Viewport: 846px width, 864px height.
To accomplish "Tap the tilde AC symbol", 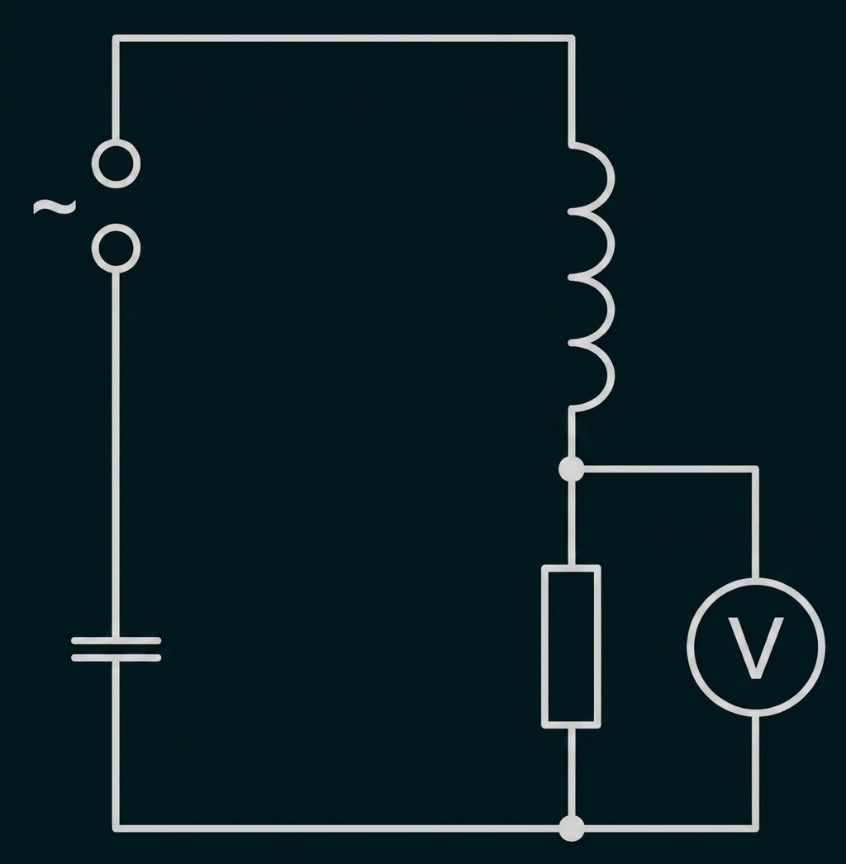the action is point(55,207).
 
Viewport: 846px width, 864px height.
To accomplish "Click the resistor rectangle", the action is point(544,646).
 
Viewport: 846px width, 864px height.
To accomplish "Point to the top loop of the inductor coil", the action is point(611,178).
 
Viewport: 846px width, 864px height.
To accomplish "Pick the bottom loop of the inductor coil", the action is point(611,377).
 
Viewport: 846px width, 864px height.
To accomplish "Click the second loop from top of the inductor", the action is point(611,244).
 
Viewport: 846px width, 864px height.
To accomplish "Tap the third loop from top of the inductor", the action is point(611,310).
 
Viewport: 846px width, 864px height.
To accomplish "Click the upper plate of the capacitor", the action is point(116,641).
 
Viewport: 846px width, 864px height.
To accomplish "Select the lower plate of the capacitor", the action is point(116,658).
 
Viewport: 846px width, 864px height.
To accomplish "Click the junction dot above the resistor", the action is point(571,469).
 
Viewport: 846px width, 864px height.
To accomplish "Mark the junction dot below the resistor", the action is point(571,828).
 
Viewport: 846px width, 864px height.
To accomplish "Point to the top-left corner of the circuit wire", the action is point(116,39).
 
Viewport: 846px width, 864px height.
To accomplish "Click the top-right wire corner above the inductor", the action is point(572,39).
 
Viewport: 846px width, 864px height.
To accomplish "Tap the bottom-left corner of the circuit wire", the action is point(116,828).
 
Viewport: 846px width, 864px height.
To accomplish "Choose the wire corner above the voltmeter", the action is point(756,469).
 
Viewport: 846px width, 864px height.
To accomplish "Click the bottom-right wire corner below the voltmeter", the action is point(756,828).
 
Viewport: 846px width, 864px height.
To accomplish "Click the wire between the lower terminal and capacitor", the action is point(116,454).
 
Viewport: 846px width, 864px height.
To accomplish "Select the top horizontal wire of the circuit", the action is point(344,39).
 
